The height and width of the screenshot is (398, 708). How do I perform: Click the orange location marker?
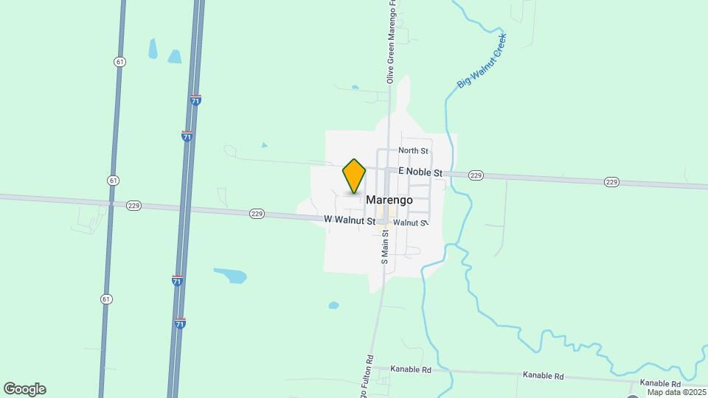point(354,176)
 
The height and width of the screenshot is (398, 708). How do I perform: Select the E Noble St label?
point(420,172)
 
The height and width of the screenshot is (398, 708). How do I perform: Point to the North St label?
point(413,151)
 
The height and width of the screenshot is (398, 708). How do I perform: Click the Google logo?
point(25,389)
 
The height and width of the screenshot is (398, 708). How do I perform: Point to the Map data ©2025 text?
point(676,392)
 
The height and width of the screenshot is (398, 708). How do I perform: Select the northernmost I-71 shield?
point(195,100)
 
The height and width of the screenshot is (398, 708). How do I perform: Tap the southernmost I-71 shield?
point(180,323)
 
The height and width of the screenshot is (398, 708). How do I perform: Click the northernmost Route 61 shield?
point(119,61)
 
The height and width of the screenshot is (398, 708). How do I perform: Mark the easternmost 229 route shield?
point(611,181)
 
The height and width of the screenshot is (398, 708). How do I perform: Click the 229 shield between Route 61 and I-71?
point(133,206)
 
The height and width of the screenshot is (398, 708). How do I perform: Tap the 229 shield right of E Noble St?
point(476,175)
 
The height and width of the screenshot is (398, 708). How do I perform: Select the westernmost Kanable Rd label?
point(411,369)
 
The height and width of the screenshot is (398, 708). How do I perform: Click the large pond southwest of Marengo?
point(231,276)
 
